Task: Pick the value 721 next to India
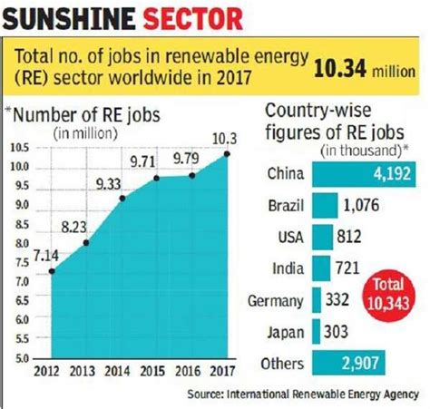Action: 348,268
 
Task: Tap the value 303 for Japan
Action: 337,332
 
